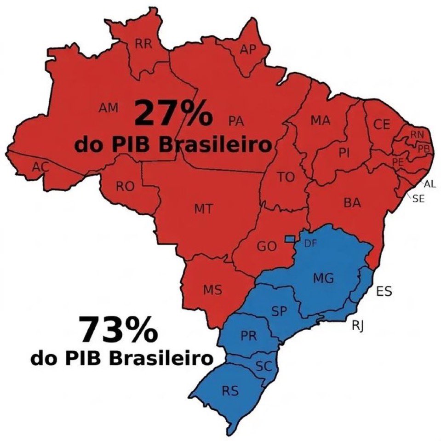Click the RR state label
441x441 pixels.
pyautogui.click(x=143, y=44)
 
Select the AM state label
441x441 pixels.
pyautogui.click(x=109, y=108)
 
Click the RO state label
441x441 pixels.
pyautogui.click(x=125, y=186)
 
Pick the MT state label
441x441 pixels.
pyautogui.click(x=203, y=209)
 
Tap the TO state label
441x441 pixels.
pyautogui.click(x=286, y=177)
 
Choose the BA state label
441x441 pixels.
pyautogui.click(x=352, y=203)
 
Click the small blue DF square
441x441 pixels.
pyautogui.click(x=290, y=239)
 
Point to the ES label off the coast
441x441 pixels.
pyautogui.click(x=384, y=291)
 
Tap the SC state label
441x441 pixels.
pyautogui.click(x=264, y=367)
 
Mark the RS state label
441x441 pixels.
pyautogui.click(x=230, y=391)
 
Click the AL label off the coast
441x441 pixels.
pyautogui.click(x=430, y=184)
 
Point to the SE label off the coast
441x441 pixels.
pyautogui.click(x=418, y=199)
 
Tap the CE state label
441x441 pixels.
pyautogui.click(x=382, y=125)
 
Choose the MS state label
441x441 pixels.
pyautogui.click(x=212, y=290)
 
